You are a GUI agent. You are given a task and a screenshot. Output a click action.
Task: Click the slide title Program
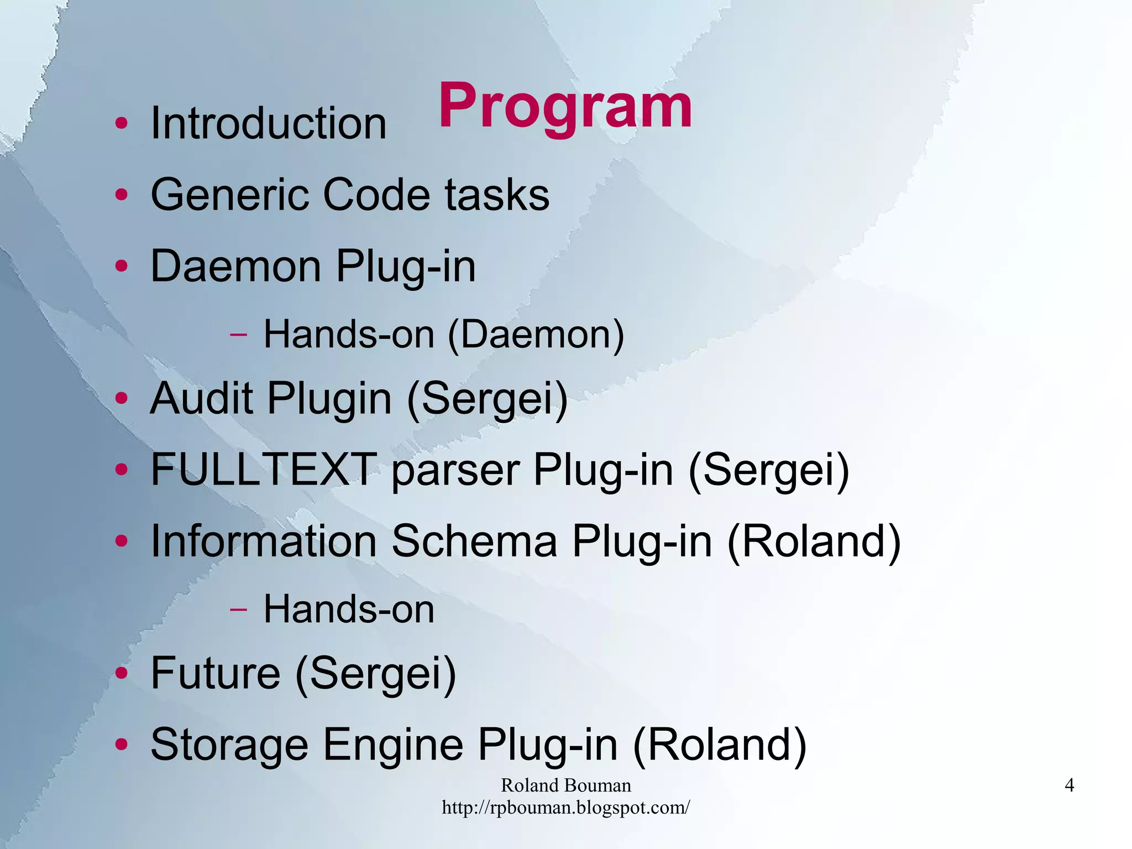point(565,106)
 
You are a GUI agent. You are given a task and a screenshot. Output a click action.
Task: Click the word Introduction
point(269,123)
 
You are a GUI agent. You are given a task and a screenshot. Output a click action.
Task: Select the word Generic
point(229,195)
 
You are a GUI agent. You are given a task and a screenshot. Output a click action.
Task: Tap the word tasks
point(497,195)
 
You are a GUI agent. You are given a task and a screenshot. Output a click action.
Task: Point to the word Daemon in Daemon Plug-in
point(235,267)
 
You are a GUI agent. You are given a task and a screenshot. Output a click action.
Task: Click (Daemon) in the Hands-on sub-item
point(536,335)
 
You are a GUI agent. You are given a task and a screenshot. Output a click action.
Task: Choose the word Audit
point(201,398)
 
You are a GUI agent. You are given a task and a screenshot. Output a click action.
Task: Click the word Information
point(264,541)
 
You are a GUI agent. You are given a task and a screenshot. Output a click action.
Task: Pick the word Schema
point(474,541)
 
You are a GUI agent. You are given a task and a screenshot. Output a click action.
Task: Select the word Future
point(215,673)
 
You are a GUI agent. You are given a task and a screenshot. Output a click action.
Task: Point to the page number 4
point(1069,785)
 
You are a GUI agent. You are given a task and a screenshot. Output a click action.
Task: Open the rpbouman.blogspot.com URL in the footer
point(565,808)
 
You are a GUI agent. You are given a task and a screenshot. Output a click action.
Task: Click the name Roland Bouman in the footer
point(565,785)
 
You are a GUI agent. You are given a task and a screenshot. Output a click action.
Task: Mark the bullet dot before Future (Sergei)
point(122,674)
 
